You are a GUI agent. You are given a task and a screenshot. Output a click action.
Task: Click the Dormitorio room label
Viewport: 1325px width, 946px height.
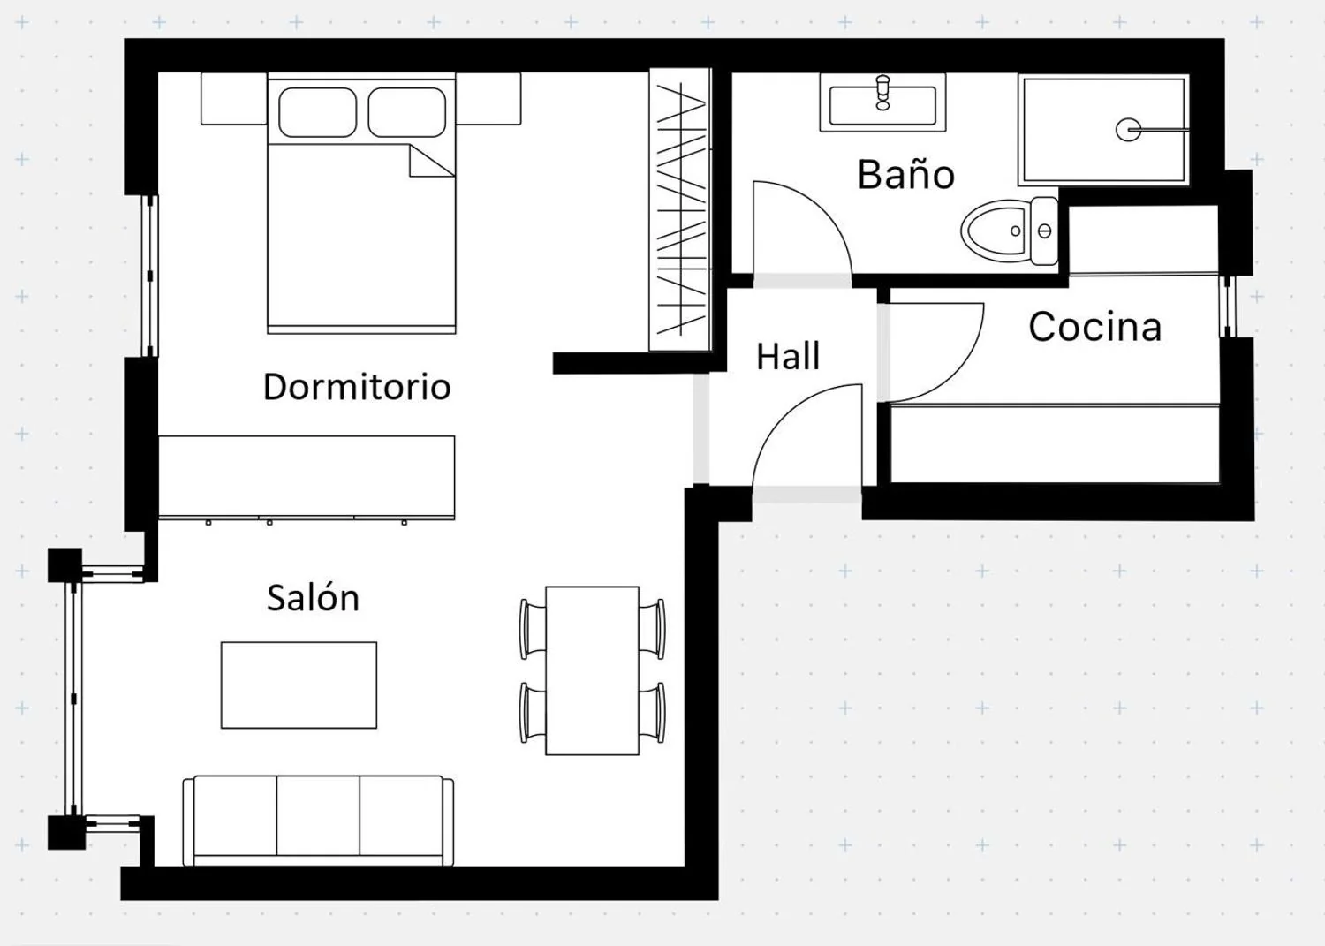357,387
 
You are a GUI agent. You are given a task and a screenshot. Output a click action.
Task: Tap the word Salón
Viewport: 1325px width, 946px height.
313,597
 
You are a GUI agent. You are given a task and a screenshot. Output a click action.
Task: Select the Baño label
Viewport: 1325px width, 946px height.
906,175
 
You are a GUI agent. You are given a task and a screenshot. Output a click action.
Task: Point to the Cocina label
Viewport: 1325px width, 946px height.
1095,327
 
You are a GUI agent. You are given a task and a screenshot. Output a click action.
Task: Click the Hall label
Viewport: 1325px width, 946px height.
788,356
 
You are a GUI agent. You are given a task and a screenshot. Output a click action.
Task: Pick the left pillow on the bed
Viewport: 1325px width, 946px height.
318,112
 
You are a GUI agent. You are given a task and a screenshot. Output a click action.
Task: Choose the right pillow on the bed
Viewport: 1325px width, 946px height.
407,112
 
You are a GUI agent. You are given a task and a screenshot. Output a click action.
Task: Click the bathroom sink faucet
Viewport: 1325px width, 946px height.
882,92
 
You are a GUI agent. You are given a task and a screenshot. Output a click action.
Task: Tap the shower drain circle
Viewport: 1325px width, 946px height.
1128,130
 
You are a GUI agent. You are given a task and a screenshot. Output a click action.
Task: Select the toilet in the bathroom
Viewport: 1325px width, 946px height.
1009,231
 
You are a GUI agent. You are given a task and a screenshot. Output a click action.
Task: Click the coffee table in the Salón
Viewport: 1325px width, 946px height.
299,685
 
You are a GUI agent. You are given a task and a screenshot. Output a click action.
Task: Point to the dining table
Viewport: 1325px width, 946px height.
592,670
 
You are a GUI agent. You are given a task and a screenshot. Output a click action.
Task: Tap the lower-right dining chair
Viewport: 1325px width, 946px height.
653,712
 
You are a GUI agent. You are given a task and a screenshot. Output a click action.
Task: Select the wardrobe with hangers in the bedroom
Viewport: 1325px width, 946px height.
680,209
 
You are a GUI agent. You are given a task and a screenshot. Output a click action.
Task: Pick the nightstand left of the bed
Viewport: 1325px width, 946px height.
234,98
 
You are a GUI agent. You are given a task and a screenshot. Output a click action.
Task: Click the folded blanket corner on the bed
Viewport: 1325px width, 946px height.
431,161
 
